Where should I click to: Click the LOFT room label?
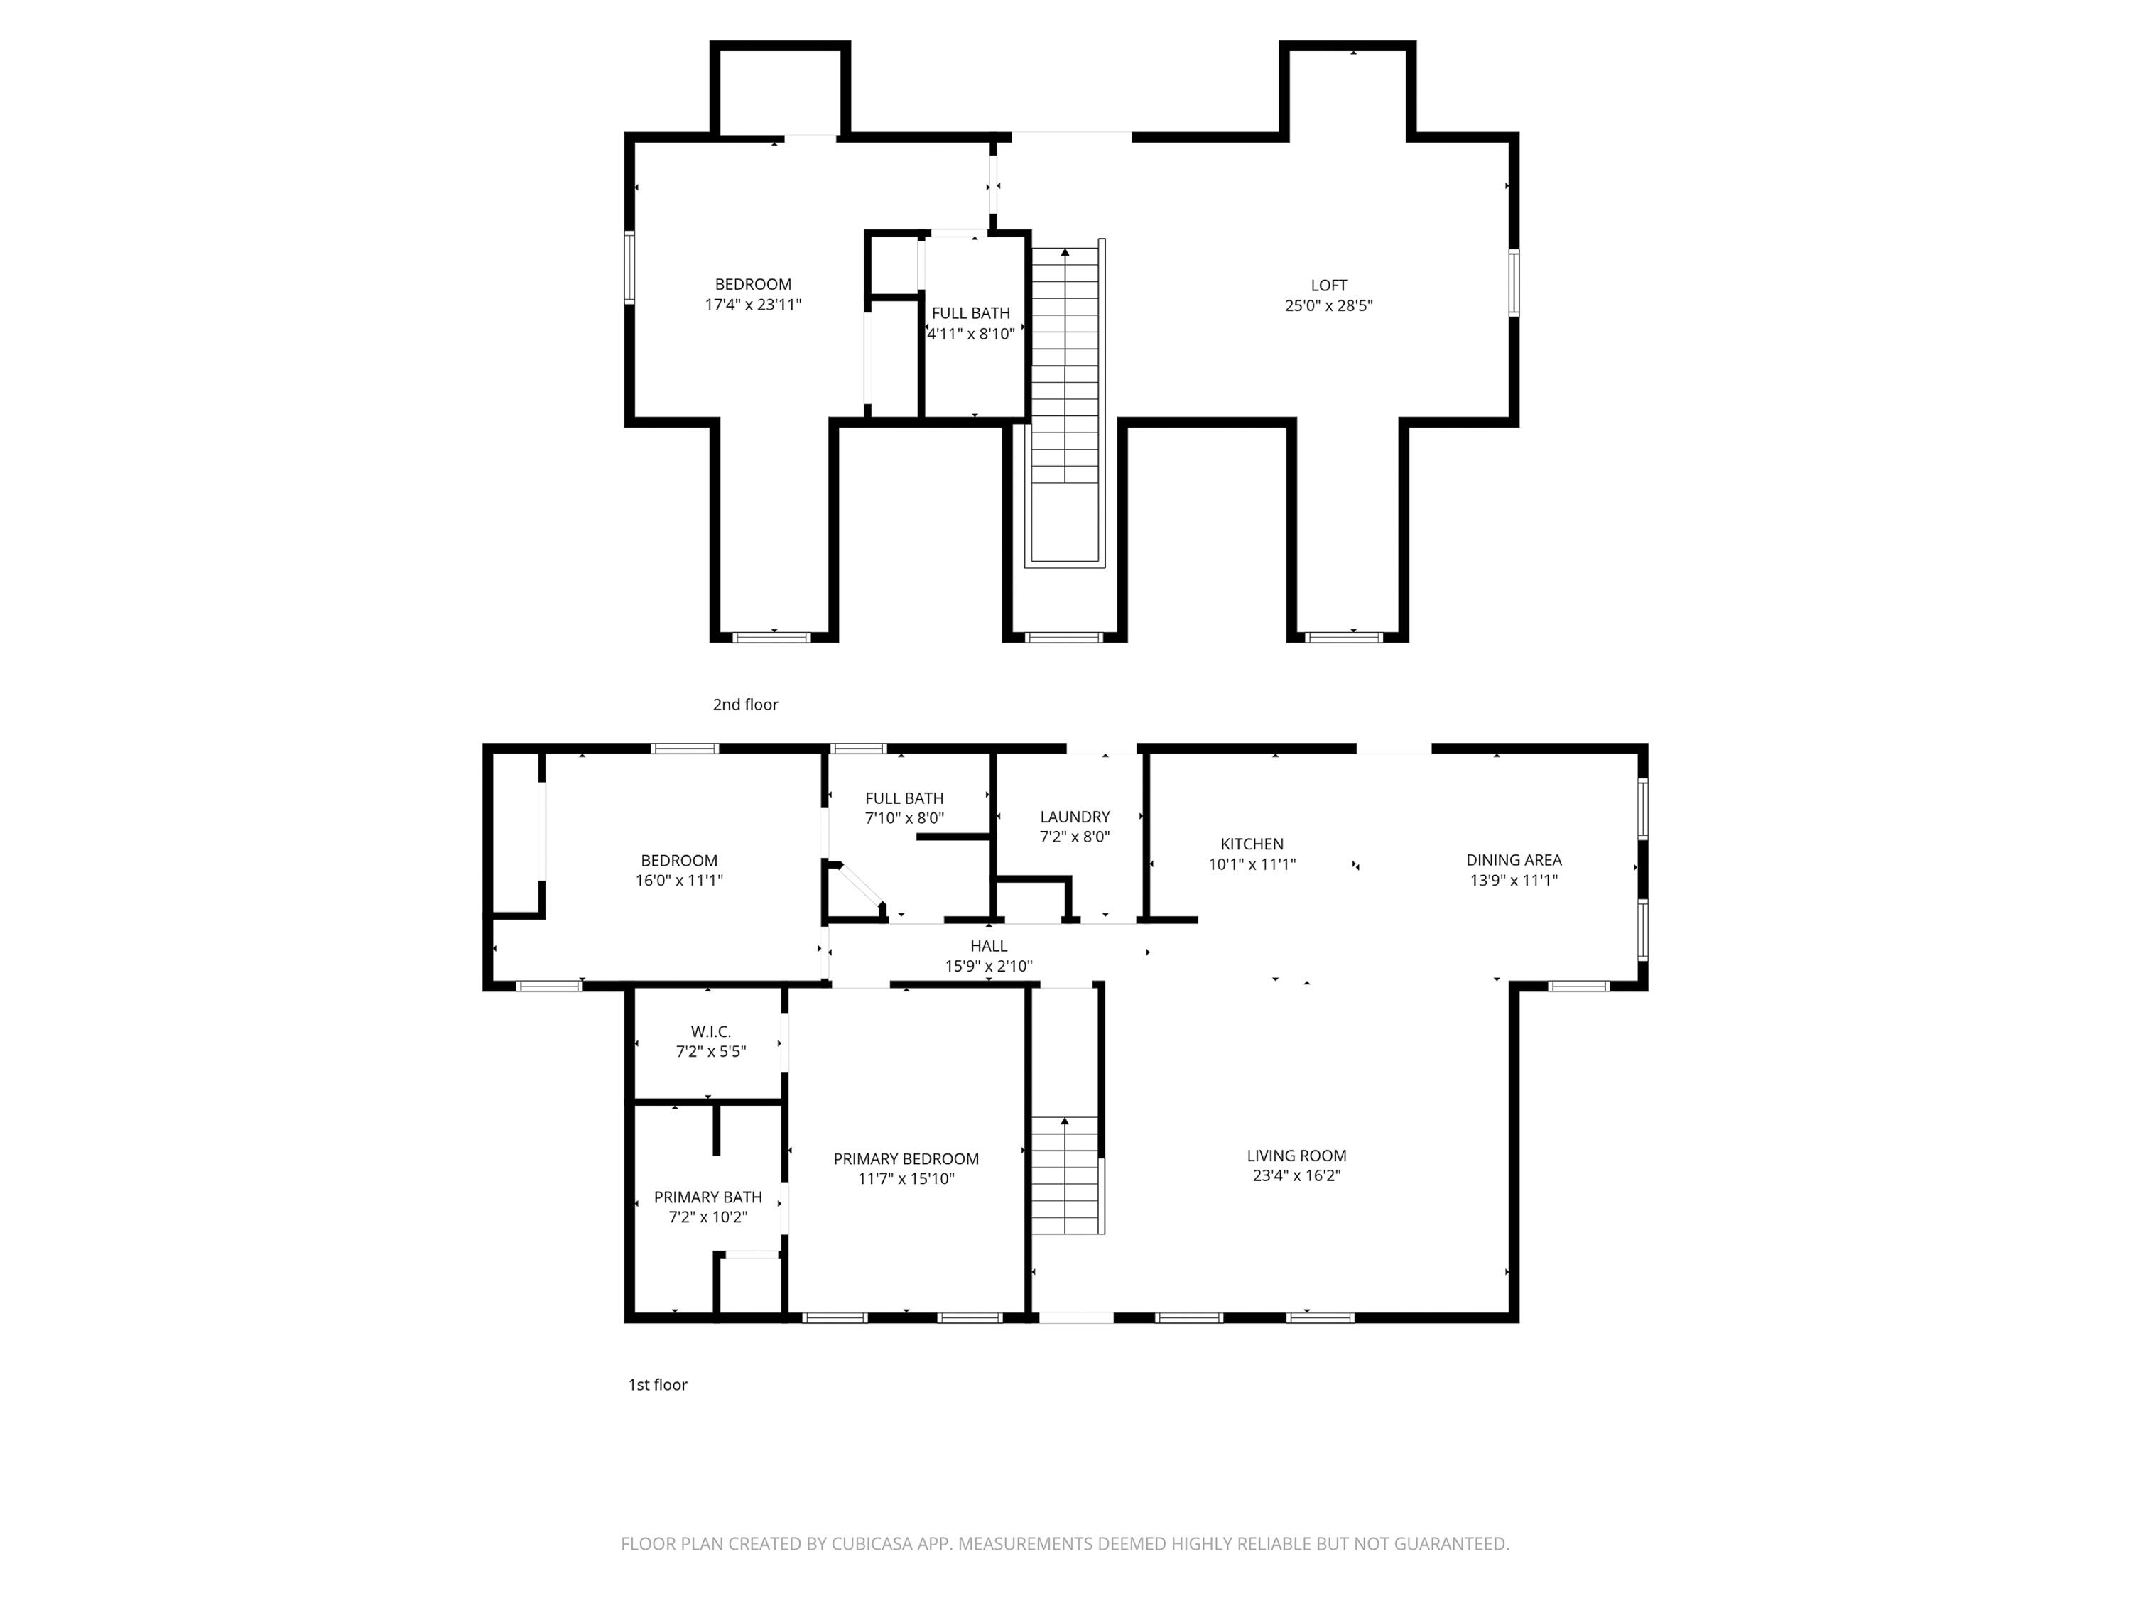pyautogui.click(x=1328, y=285)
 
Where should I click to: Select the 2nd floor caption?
pyautogui.click(x=744, y=704)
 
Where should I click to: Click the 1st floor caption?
pyautogui.click(x=657, y=1384)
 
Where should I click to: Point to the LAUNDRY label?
pyautogui.click(x=1074, y=817)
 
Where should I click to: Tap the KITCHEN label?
pyautogui.click(x=1252, y=844)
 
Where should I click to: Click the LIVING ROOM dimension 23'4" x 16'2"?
pyautogui.click(x=1296, y=1175)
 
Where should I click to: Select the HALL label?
pyautogui.click(x=989, y=946)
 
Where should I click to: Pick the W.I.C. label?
pyautogui.click(x=710, y=1032)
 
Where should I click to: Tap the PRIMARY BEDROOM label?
pyautogui.click(x=906, y=1159)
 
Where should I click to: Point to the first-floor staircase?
pyautogui.click(x=1065, y=1175)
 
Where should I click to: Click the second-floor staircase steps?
pyautogui.click(x=1065, y=366)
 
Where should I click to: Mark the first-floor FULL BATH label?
pyautogui.click(x=904, y=798)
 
